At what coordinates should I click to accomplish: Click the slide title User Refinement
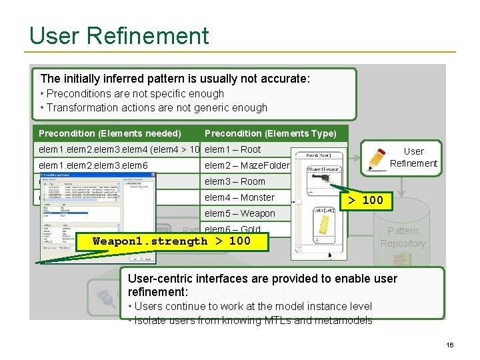tap(119, 35)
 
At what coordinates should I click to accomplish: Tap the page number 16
tap(450, 345)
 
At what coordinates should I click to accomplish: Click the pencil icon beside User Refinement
tap(377, 158)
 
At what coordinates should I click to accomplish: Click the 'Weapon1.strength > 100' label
tap(171, 241)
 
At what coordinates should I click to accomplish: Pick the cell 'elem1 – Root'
tap(233, 149)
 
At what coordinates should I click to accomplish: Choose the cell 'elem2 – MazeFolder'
tap(247, 165)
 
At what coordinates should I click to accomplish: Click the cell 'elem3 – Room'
tap(235, 181)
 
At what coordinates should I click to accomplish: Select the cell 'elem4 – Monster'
tap(239, 197)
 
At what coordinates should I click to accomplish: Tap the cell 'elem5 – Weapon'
tap(239, 213)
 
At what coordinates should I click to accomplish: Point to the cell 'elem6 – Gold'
tap(233, 229)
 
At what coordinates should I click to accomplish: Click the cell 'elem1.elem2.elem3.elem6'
tap(93, 165)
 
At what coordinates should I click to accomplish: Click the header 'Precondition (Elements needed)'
tap(109, 133)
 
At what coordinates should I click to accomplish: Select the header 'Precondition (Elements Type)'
tap(270, 133)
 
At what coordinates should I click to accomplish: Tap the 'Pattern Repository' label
tap(403, 237)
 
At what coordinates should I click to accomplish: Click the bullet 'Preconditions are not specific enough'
tap(132, 93)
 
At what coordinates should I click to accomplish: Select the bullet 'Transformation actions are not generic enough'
tap(153, 107)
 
